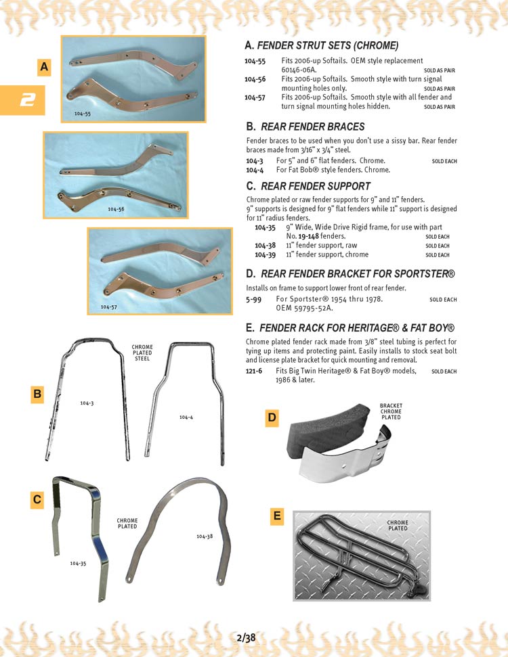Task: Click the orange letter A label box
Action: pyautogui.click(x=44, y=67)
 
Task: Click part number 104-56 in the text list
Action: pyautogui.click(x=255, y=79)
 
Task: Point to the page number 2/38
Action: pyautogui.click(x=247, y=637)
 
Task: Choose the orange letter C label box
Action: pyautogui.click(x=38, y=500)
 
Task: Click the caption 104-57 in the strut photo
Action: pyautogui.click(x=109, y=307)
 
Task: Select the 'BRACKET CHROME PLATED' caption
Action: pyautogui.click(x=391, y=411)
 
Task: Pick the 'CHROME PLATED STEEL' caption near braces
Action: pyautogui.click(x=142, y=353)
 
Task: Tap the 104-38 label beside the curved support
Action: pyautogui.click(x=205, y=536)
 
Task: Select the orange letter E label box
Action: pyautogui.click(x=277, y=516)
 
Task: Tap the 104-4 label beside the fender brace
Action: pyautogui.click(x=186, y=417)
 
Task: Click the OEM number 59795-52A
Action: pyautogui.click(x=312, y=308)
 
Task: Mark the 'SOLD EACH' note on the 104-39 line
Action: pyautogui.click(x=438, y=255)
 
